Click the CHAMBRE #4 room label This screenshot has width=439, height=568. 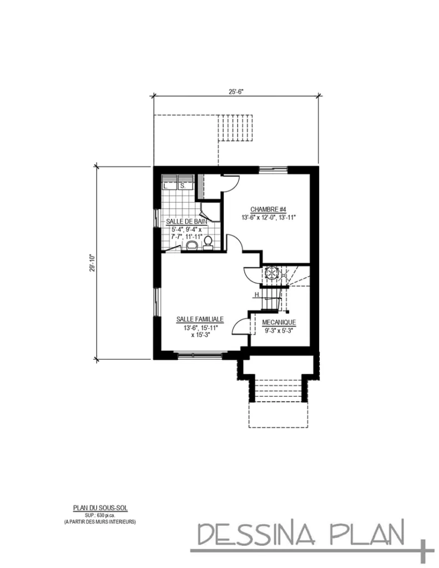click(268, 209)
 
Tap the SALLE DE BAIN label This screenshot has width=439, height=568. click(186, 221)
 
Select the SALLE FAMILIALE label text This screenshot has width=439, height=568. click(200, 319)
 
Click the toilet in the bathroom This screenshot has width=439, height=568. click(208, 242)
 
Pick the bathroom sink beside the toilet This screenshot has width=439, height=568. click(192, 245)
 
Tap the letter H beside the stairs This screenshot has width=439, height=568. click(257, 295)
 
